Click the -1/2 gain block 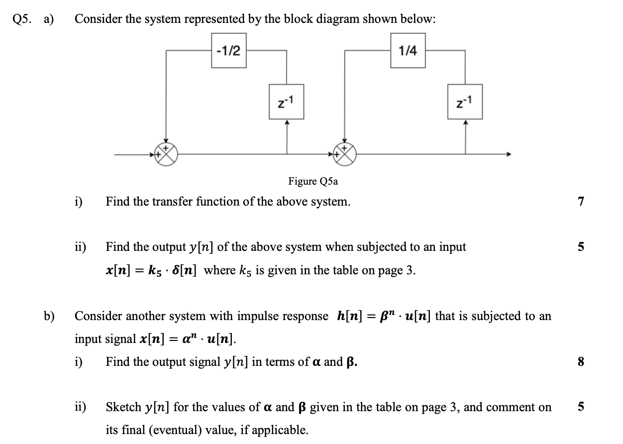coord(229,50)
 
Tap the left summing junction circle coord(166,154)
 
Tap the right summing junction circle coord(345,154)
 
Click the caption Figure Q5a coord(313,181)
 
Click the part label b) coord(49,316)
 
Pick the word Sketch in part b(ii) coord(123,407)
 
